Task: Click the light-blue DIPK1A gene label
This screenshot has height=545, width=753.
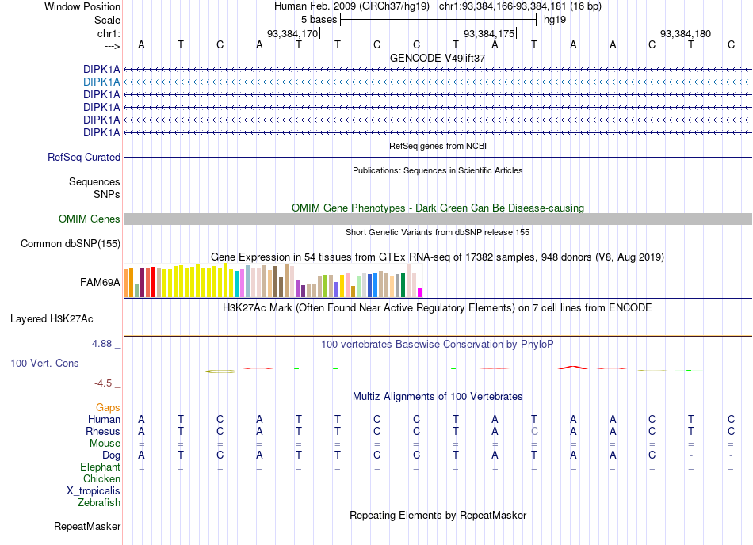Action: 101,82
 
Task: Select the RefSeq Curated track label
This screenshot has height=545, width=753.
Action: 84,158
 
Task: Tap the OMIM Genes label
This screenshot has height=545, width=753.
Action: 89,219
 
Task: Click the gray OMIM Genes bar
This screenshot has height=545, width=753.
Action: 438,219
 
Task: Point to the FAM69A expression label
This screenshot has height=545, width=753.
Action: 100,283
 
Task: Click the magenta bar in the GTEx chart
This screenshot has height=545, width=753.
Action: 420,292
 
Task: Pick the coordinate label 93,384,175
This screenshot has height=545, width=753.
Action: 489,33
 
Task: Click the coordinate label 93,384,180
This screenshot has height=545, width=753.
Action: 686,33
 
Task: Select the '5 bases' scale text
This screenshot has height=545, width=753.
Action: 319,20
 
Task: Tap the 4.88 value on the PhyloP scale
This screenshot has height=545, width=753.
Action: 101,344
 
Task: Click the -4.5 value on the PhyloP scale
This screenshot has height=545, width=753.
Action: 103,383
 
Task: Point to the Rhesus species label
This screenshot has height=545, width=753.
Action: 103,431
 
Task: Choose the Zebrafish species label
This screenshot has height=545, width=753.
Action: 99,503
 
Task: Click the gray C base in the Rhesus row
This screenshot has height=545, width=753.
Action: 534,431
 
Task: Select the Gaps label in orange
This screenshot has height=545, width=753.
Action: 108,408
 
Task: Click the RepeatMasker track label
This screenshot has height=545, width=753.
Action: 87,527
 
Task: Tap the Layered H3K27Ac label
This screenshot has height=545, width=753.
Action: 52,319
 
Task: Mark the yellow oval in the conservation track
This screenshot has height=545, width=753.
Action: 220,372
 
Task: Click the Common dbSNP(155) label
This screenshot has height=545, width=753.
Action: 71,244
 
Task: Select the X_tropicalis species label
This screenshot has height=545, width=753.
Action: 94,491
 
